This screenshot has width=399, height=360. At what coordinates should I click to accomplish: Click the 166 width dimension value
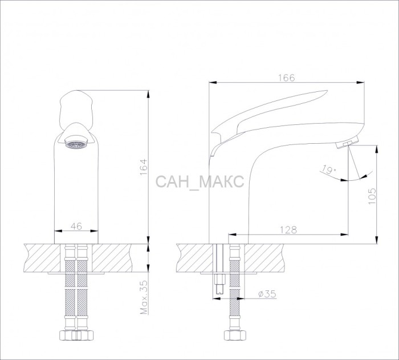click(287, 78)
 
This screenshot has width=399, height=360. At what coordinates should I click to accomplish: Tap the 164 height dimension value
click(144, 167)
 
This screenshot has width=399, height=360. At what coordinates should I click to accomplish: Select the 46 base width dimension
click(76, 226)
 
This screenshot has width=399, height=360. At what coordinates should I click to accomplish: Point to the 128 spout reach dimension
click(288, 230)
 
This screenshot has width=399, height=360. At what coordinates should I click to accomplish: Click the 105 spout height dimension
click(372, 196)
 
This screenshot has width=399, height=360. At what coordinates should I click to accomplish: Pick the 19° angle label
click(328, 169)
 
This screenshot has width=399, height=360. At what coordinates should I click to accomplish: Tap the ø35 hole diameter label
click(267, 294)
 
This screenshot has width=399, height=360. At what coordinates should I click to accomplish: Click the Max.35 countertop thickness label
click(144, 297)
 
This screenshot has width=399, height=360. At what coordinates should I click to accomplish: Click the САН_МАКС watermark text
click(199, 181)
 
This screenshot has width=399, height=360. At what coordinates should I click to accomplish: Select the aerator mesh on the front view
click(76, 145)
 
